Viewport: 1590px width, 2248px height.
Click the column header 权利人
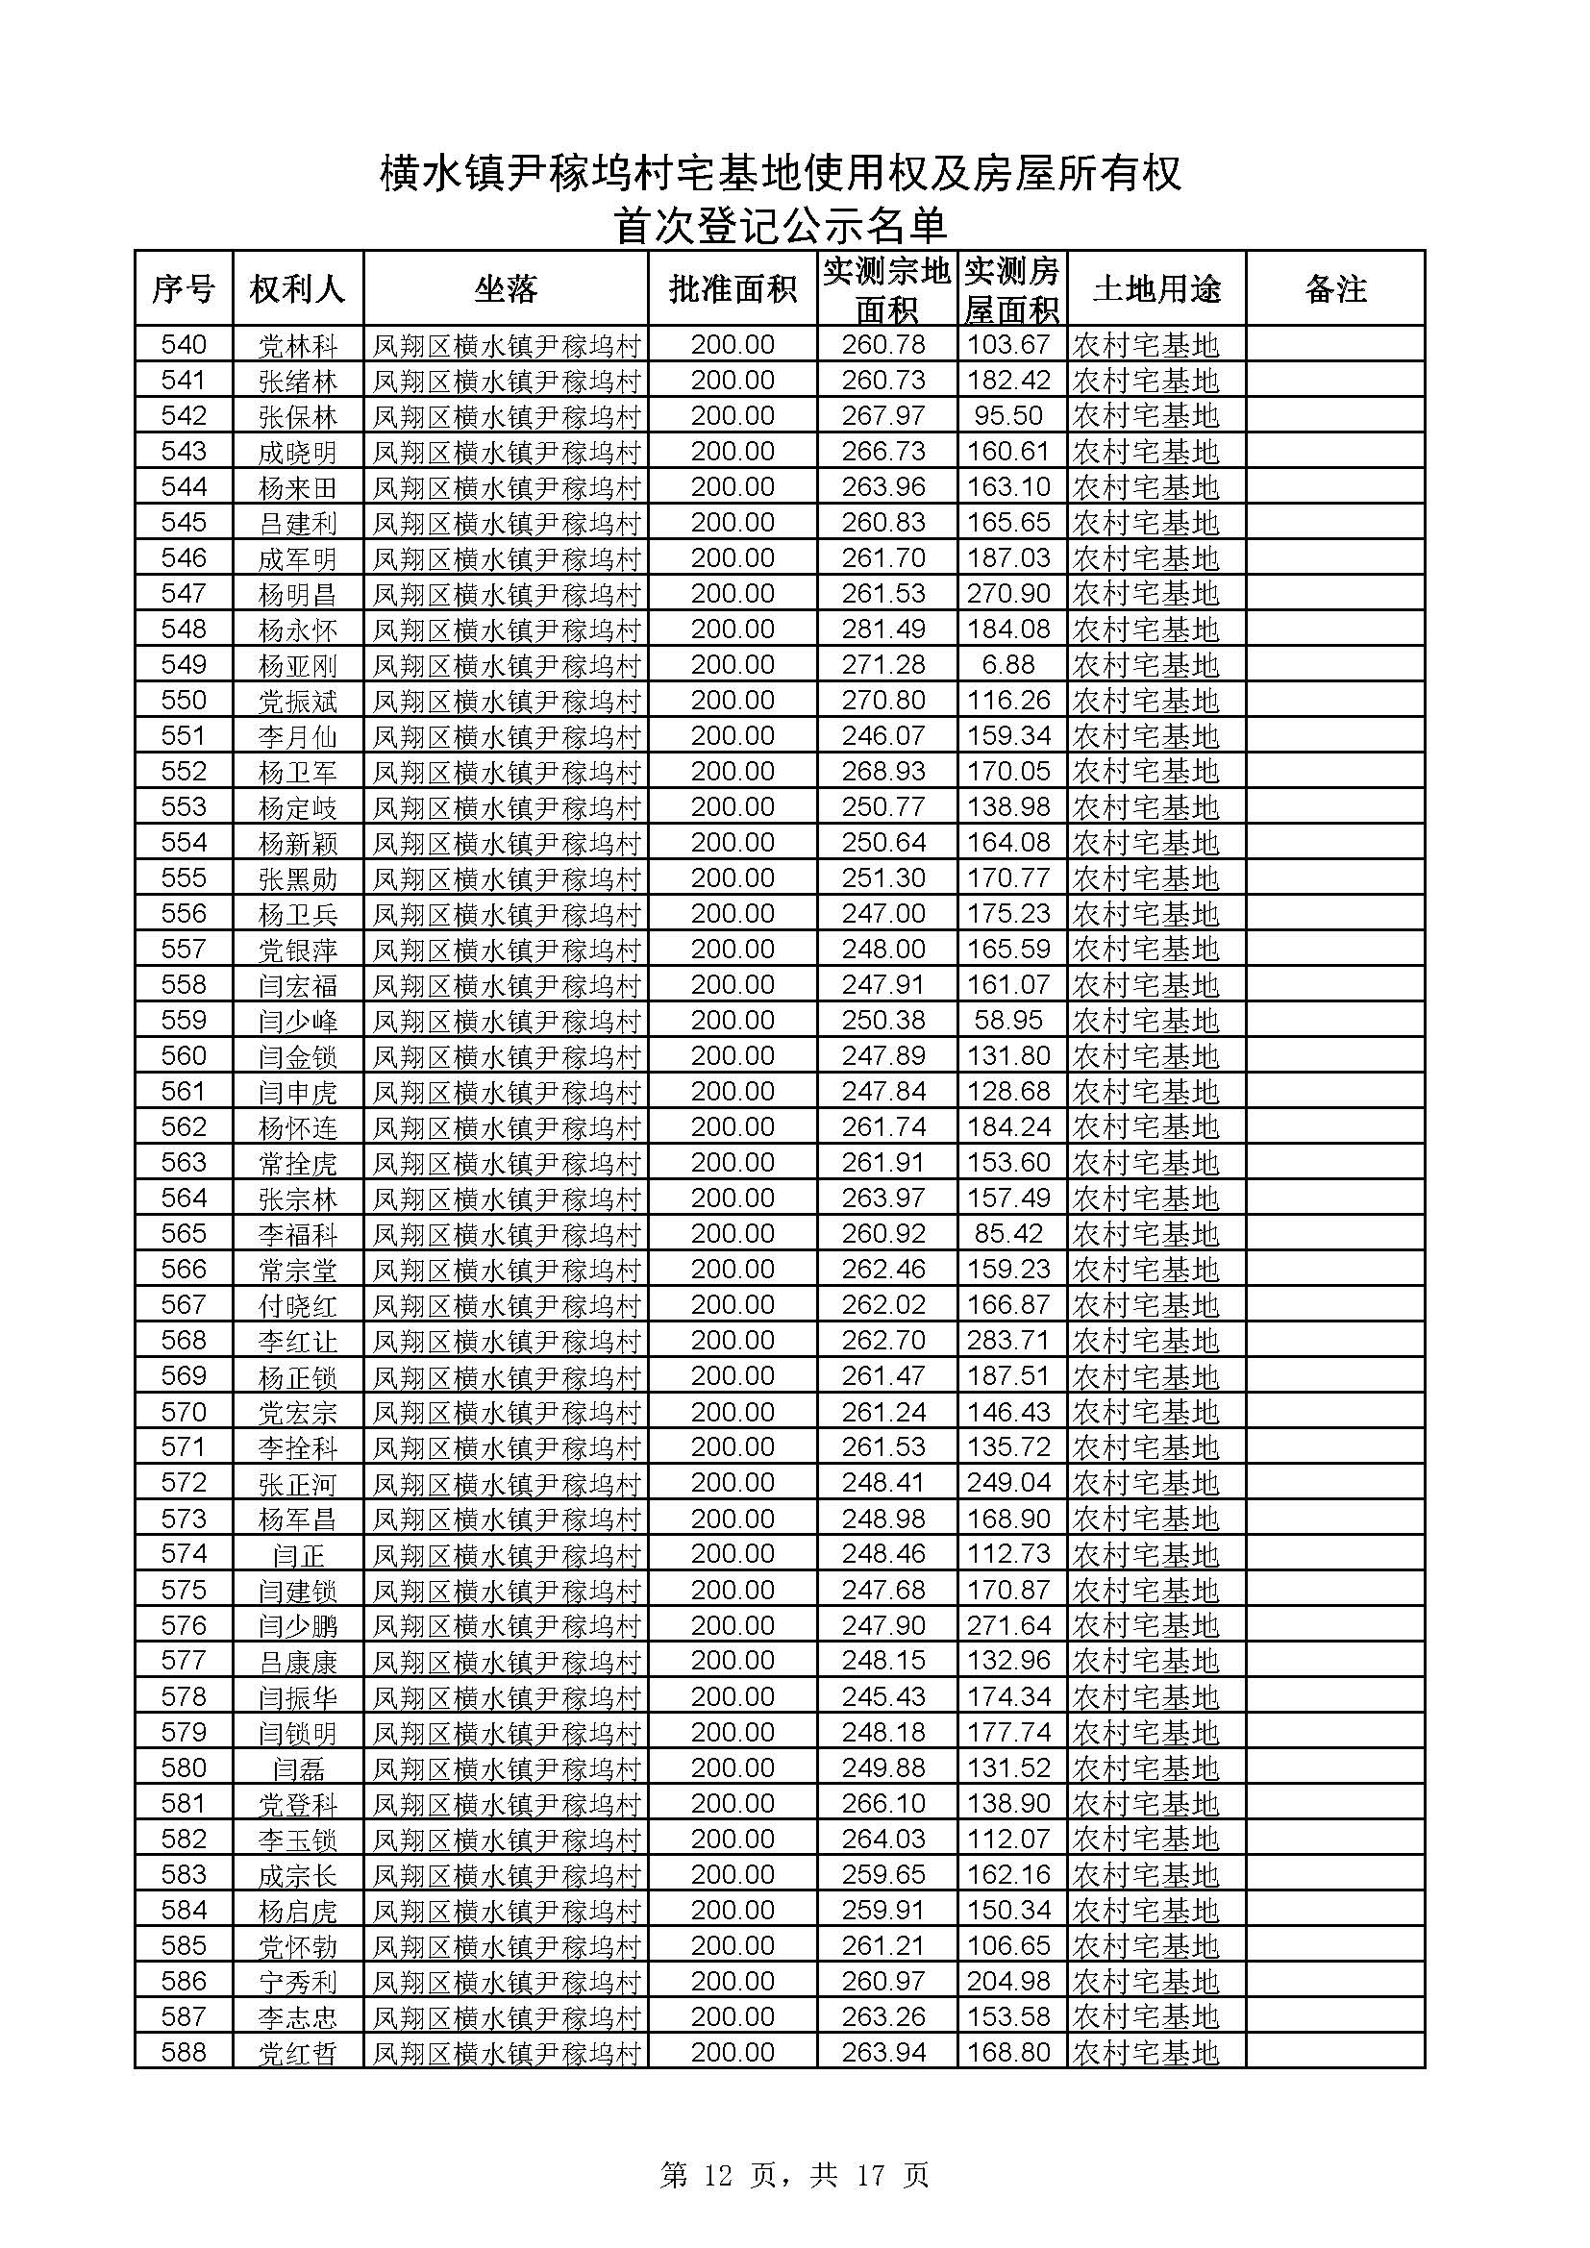(298, 289)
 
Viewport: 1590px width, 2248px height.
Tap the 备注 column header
(1335, 289)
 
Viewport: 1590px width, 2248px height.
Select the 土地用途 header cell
(1156, 289)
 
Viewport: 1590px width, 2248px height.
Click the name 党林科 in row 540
(298, 346)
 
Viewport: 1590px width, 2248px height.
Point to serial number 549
(184, 665)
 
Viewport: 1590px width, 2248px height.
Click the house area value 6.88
(1008, 665)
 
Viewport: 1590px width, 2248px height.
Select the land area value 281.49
(883, 630)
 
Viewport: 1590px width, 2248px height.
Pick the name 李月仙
(298, 736)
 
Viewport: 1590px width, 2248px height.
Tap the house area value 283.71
(1008, 1341)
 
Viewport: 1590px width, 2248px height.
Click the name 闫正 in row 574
(298, 1554)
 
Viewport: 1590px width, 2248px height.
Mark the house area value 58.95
(1008, 1021)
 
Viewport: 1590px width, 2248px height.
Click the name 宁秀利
(298, 1982)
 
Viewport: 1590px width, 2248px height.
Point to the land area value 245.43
(883, 1696)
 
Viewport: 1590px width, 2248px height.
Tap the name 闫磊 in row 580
(298, 1768)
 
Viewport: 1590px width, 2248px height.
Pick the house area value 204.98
(1008, 1981)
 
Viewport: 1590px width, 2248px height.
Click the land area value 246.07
(883, 736)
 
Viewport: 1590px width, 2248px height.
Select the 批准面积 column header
(733, 289)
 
